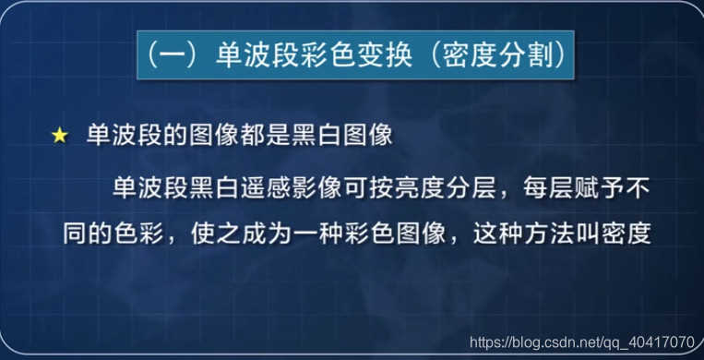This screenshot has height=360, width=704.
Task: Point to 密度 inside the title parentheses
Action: [464, 56]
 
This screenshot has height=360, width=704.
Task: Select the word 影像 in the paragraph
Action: [330, 187]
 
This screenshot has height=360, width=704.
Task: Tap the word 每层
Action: [562, 187]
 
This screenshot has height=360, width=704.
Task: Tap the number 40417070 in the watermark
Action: [660, 342]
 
